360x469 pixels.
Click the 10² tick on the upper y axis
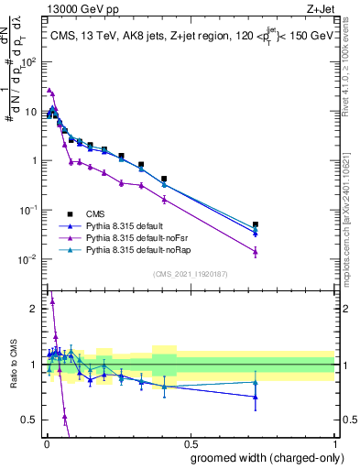point(28,63)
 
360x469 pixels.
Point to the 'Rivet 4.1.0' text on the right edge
point(350,73)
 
